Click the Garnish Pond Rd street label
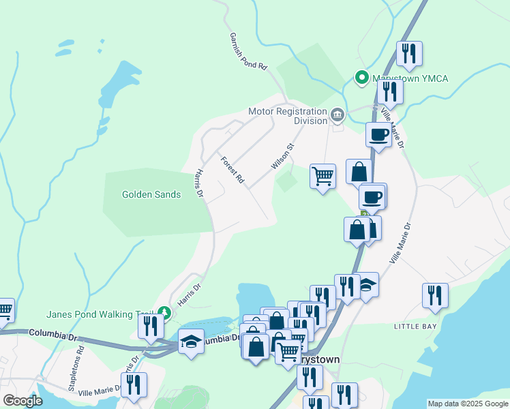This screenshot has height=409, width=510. coord(247,52)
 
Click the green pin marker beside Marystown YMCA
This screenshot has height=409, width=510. coord(361,78)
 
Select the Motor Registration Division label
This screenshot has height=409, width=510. coord(288,116)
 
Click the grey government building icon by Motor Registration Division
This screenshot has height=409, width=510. coord(337,116)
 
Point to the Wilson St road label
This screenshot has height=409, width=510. coord(282,156)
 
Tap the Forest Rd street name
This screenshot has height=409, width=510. coord(232,170)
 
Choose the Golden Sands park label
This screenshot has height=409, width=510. coord(151,194)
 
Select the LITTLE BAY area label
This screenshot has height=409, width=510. coord(415,327)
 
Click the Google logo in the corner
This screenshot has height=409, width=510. coord(22,401)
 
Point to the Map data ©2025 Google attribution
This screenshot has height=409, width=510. coord(468,404)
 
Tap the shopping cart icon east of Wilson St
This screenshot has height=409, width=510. coord(322,175)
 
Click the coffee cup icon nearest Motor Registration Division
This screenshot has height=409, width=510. coord(378,134)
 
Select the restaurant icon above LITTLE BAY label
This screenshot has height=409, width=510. coord(435,294)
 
